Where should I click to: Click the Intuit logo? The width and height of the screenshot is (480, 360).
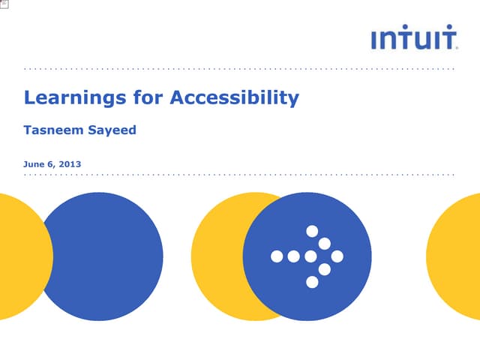point(415,38)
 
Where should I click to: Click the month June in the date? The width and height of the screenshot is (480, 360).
point(34,163)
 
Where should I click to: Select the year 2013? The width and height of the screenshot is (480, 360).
point(70,163)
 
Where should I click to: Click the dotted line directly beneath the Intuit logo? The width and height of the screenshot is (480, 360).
point(240,69)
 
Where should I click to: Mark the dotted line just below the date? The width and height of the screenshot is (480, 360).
point(240,175)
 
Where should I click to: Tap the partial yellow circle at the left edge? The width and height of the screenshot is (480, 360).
point(19,256)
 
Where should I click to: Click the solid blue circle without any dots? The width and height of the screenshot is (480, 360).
point(101,256)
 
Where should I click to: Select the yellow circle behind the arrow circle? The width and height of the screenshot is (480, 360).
point(217,256)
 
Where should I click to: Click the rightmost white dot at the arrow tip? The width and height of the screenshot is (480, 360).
point(337,256)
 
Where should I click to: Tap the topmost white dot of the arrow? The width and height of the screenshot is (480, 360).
point(312,231)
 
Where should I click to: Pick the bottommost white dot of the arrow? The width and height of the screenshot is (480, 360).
point(312,282)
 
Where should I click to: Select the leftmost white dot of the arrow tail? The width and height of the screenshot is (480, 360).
point(276,256)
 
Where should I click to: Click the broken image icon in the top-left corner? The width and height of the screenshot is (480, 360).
point(4,4)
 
